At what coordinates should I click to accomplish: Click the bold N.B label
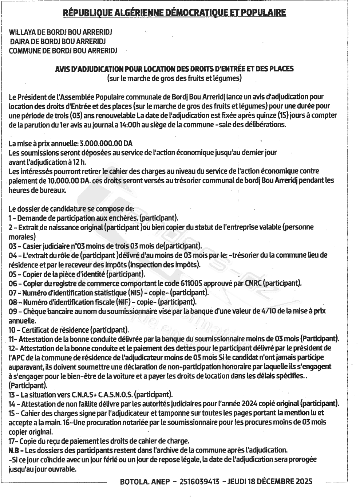click(x=13, y=450)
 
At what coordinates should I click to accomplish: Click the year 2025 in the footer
click(x=304, y=482)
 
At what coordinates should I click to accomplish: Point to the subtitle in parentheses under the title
click(x=174, y=78)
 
